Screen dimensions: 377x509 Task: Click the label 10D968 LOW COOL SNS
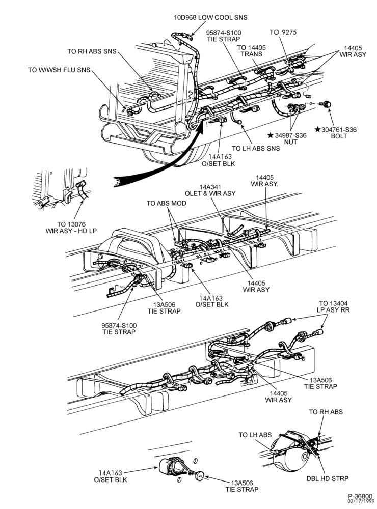click(x=210, y=17)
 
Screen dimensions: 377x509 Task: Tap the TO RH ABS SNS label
click(x=92, y=51)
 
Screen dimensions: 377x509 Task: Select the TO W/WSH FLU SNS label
click(x=59, y=70)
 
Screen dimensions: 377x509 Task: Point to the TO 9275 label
click(x=283, y=32)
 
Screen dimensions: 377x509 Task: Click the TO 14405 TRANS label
click(x=251, y=50)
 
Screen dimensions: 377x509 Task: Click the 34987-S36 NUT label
click(x=287, y=138)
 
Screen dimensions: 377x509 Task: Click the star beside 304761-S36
click(x=317, y=129)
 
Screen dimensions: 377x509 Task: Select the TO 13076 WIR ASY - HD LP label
click(x=71, y=227)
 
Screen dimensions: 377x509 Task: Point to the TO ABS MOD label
click(x=167, y=203)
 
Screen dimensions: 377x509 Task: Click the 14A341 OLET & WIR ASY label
click(x=210, y=190)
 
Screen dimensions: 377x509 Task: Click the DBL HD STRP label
click(x=328, y=478)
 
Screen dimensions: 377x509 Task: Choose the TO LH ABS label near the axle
click(x=255, y=435)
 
